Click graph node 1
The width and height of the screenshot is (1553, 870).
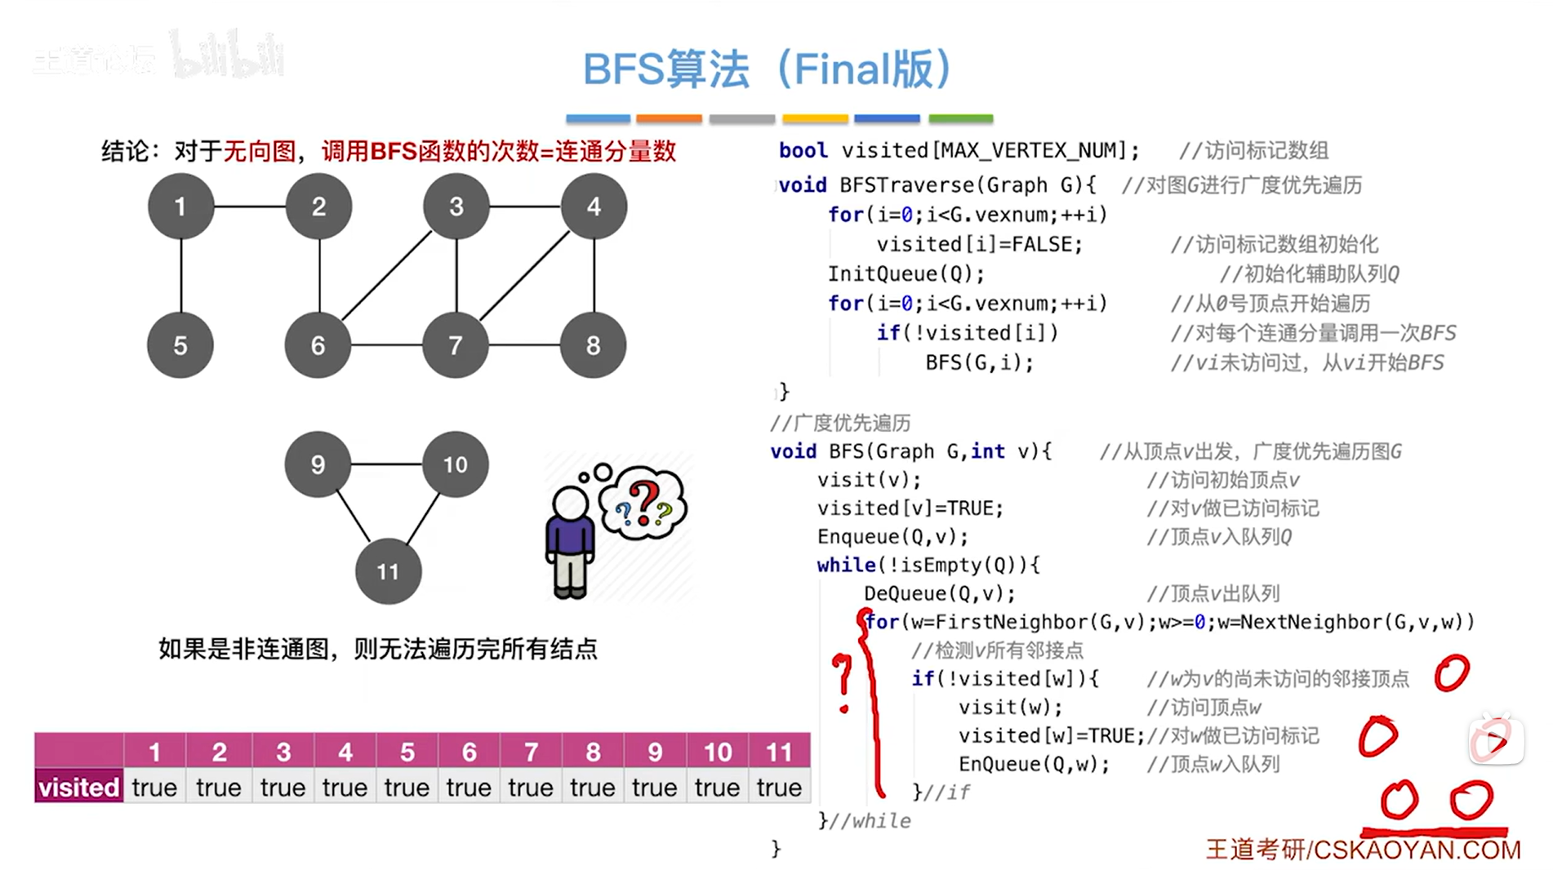(180, 206)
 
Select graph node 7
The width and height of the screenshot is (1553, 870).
(456, 345)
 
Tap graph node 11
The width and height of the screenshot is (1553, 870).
(388, 571)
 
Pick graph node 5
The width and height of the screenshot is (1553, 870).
(180, 345)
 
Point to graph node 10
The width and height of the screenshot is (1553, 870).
(455, 464)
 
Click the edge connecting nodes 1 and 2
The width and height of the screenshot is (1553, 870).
(250, 206)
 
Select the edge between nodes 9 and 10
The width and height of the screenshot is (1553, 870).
(386, 464)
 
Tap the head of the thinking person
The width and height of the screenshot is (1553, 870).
(571, 504)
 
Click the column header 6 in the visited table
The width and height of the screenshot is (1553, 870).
(469, 751)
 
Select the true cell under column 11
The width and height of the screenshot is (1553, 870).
(779, 788)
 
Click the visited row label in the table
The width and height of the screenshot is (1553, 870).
(79, 788)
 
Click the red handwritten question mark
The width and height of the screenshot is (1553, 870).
(843, 681)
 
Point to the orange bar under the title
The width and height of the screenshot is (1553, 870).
(669, 119)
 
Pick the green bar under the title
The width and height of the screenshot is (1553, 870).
(961, 119)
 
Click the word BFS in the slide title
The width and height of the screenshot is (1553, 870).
(622, 69)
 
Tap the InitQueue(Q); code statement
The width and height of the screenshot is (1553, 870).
(906, 274)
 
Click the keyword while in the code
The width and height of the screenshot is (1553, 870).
(846, 565)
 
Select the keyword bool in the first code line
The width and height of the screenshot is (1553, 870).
(803, 151)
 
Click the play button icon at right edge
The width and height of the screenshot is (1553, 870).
(1496, 741)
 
